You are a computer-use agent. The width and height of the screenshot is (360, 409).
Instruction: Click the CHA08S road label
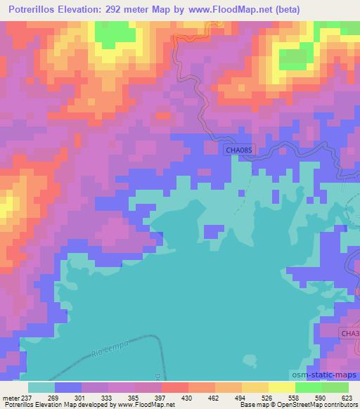[x=238, y=150]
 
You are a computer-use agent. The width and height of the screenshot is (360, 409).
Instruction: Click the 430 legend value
[x=188, y=398]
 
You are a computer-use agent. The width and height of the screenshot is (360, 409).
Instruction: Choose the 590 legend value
[x=322, y=398]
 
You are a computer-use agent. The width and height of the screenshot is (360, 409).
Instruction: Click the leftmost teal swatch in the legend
[x=41, y=387]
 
